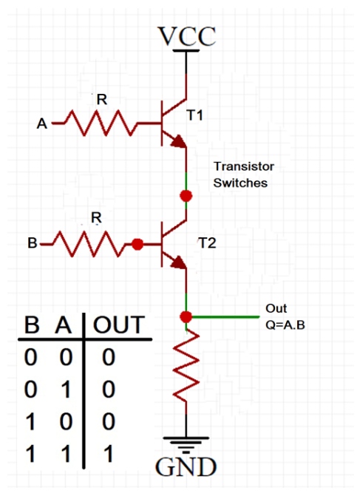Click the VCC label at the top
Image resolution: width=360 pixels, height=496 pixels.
(186, 36)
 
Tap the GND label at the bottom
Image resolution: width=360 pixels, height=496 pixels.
(186, 466)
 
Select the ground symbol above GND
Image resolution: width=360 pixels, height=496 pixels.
(186, 444)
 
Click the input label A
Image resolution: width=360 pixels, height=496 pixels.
(42, 123)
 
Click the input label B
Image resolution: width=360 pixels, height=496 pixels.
(33, 243)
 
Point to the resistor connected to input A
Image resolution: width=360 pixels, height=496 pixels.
(101, 123)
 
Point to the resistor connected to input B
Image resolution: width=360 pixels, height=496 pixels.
(89, 244)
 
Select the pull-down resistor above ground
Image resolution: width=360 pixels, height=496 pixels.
(186, 366)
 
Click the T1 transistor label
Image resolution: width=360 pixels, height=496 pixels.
(194, 115)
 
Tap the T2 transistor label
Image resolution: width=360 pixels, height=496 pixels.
(207, 243)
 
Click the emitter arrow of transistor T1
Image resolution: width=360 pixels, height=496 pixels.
(178, 141)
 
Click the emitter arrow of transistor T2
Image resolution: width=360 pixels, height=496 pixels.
(178, 262)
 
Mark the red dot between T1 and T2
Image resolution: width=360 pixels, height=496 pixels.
(186, 196)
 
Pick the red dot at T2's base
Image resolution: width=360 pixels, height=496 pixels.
(137, 244)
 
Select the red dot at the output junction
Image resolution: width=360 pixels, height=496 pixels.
(186, 316)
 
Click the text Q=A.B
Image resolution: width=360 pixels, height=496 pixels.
(285, 325)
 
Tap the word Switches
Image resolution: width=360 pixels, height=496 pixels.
(240, 183)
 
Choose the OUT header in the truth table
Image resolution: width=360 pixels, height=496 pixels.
(119, 325)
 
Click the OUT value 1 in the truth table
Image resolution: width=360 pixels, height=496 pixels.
(109, 454)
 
